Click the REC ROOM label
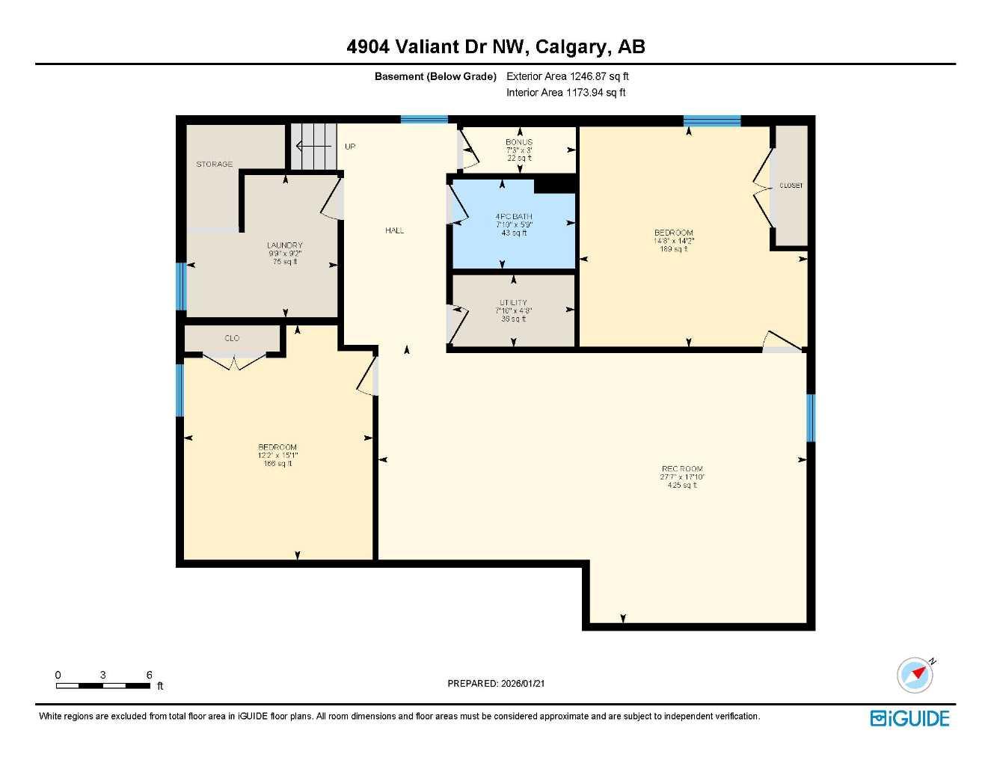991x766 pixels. [682, 469]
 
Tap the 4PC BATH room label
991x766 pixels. [514, 217]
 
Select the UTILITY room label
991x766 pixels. [514, 303]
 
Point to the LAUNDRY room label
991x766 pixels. [284, 245]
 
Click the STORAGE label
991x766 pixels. [215, 164]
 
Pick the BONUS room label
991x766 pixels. [518, 142]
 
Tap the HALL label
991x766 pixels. [394, 230]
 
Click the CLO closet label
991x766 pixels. [232, 338]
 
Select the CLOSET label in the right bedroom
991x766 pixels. [791, 186]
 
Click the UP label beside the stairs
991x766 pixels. [350, 147]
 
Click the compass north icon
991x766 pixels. [915, 675]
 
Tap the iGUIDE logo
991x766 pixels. [909, 718]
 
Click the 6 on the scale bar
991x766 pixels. [149, 675]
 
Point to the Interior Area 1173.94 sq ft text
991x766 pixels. [565, 93]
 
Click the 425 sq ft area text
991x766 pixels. [682, 485]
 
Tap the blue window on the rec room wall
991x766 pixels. [810, 417]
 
